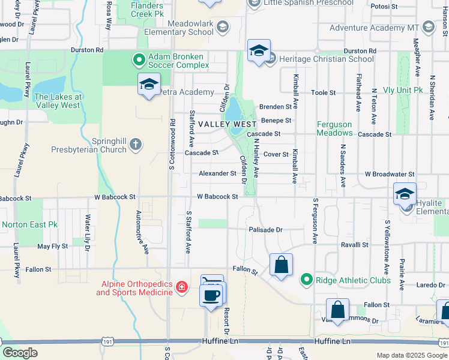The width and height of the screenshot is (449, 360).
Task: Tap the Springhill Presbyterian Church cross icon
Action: click(136, 143)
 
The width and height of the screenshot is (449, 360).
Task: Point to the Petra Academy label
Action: click(186, 92)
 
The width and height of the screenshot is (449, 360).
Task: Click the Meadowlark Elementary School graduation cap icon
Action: click(223, 26)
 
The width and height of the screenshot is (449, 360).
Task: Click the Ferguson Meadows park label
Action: click(334, 128)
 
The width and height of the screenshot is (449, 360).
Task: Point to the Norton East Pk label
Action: click(29, 224)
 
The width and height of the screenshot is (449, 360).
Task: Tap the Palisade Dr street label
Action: click(265, 230)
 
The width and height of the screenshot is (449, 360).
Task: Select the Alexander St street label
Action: click(218, 173)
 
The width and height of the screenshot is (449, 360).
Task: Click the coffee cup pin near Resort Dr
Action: click(211, 296)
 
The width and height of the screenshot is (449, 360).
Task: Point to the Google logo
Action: click(20, 353)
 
